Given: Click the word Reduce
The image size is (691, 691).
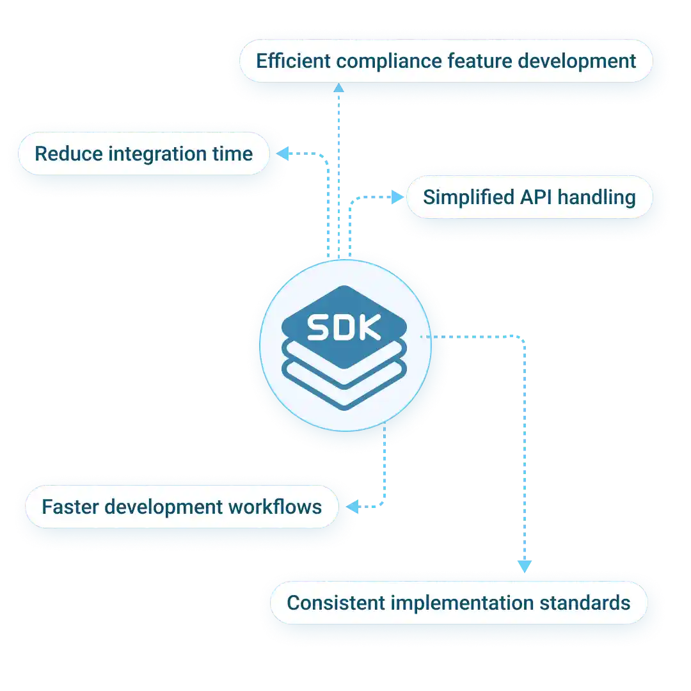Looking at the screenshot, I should (67, 154).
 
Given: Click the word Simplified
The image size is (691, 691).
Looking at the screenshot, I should (461, 197).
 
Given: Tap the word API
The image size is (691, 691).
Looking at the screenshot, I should (533, 197).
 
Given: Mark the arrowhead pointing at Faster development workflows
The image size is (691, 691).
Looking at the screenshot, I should (351, 507).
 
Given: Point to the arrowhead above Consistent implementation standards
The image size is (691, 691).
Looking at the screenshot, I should (524, 566).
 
